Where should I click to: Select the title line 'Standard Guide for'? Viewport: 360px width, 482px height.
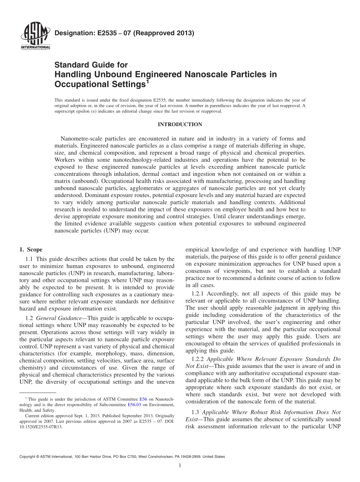[91, 65]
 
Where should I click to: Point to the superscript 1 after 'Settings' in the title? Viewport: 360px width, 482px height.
[148, 80]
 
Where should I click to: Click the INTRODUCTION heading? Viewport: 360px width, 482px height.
[180, 124]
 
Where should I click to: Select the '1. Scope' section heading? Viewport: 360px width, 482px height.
[31, 250]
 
